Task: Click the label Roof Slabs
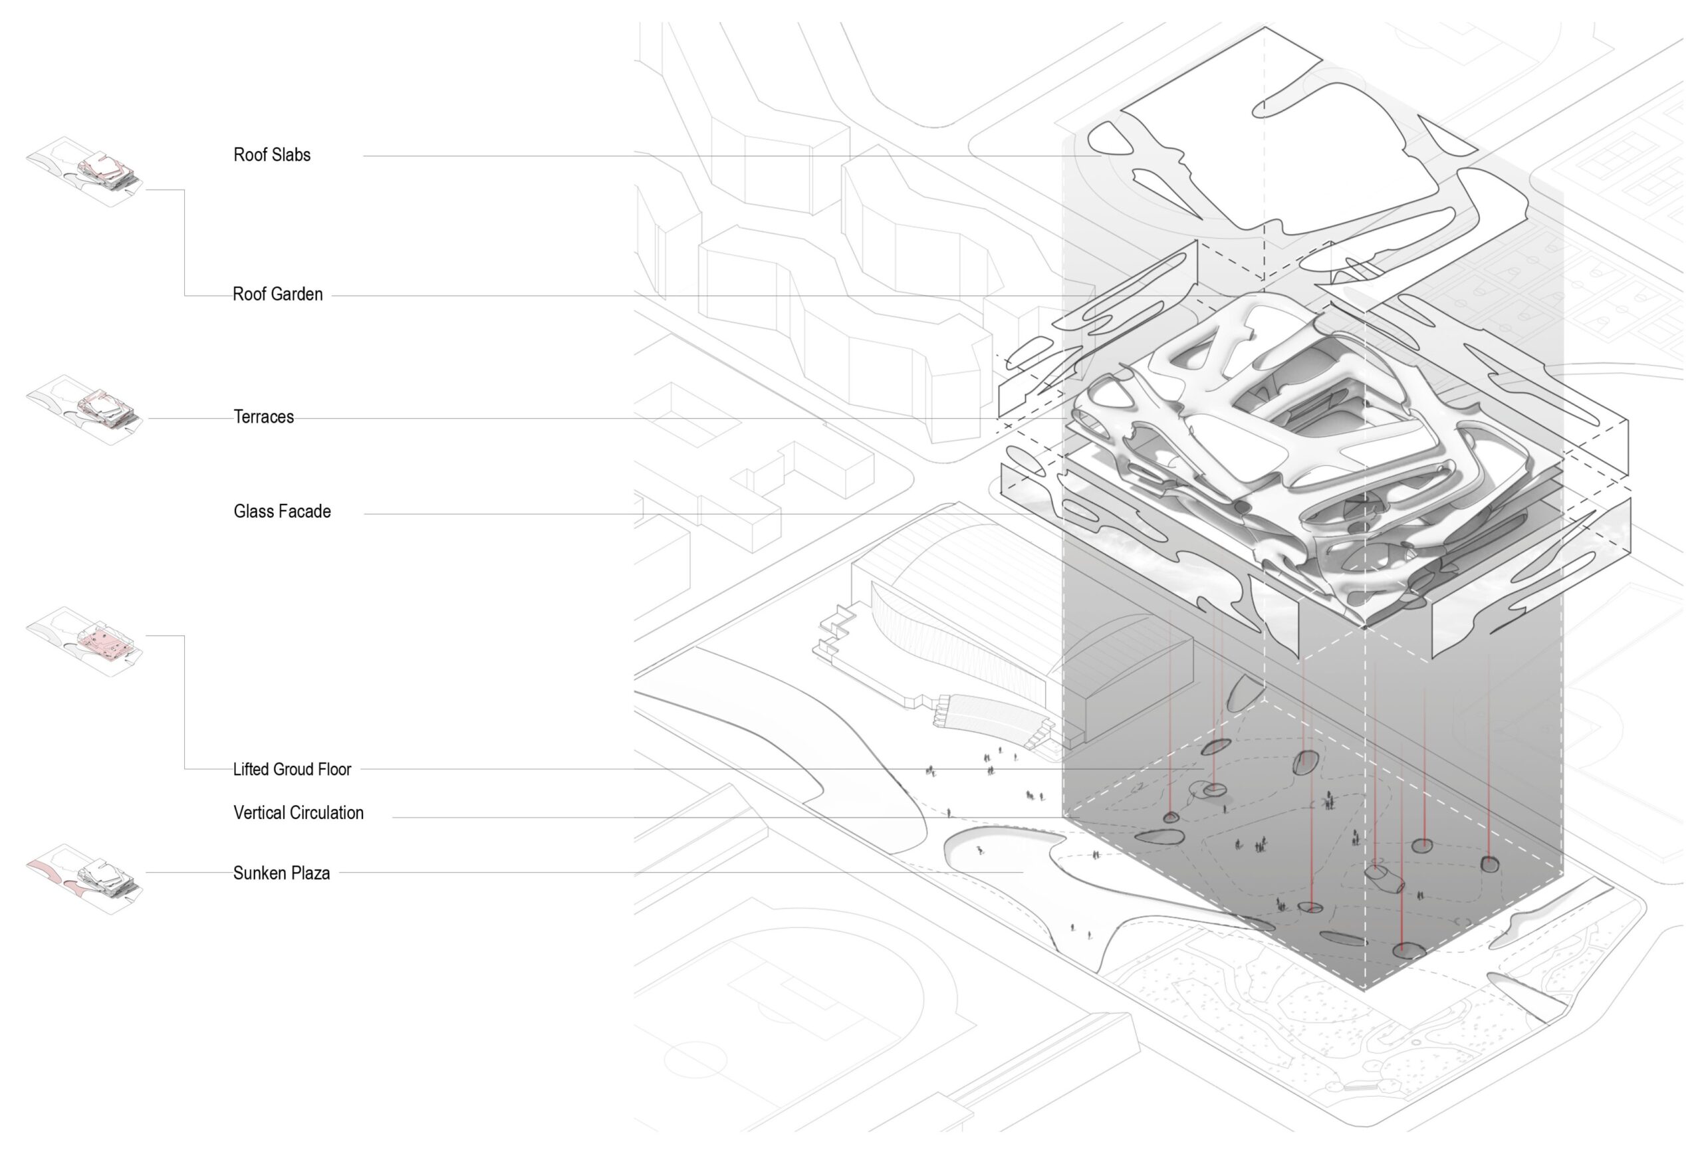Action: click(272, 154)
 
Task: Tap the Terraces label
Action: click(264, 417)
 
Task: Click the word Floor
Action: click(334, 769)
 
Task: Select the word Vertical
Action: click(259, 812)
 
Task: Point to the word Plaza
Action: click(311, 873)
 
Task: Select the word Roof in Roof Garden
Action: click(247, 294)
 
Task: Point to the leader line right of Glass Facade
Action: click(659, 514)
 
